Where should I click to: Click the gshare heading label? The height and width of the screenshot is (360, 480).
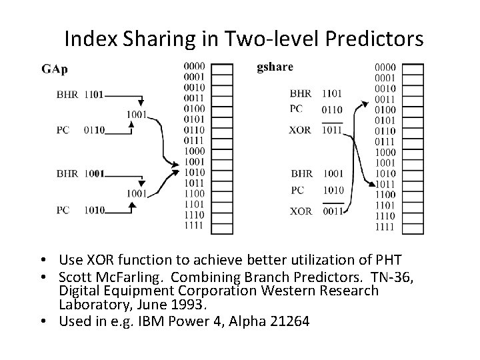click(275, 67)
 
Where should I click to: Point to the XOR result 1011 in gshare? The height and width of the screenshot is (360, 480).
click(331, 130)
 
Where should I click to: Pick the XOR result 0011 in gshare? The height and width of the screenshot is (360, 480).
click(331, 212)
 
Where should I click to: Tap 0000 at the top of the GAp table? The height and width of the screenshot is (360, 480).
click(193, 66)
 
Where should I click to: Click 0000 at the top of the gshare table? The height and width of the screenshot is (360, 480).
click(385, 67)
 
